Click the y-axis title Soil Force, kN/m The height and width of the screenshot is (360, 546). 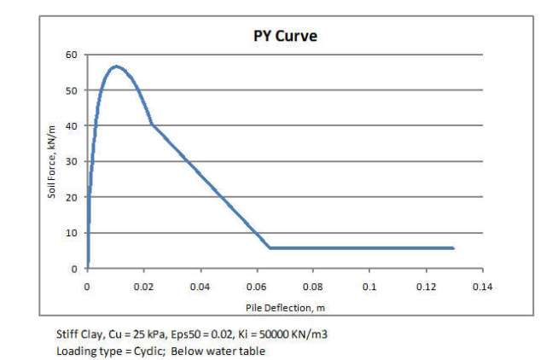pyautogui.click(x=52, y=161)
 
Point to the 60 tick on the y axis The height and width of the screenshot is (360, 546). pyautogui.click(x=72, y=55)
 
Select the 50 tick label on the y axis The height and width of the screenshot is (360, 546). pyautogui.click(x=72, y=90)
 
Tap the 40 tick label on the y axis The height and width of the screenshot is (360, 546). pyautogui.click(x=72, y=126)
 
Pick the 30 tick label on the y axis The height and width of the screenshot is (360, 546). pyautogui.click(x=72, y=162)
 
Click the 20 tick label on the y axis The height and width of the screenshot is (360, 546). pyautogui.click(x=72, y=197)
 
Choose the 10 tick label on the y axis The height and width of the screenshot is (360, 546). pyautogui.click(x=72, y=233)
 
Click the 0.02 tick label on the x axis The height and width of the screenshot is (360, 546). pyautogui.click(x=144, y=287)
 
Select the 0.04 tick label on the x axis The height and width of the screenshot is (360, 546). pyautogui.click(x=200, y=287)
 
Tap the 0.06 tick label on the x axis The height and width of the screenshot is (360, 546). pyautogui.click(x=257, y=287)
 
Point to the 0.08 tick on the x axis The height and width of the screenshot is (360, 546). pyautogui.click(x=313, y=287)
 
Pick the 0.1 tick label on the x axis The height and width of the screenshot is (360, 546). pyautogui.click(x=369, y=287)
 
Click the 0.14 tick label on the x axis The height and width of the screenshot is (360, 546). pyautogui.click(x=482, y=287)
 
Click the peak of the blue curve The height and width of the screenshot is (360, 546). pyautogui.click(x=116, y=66)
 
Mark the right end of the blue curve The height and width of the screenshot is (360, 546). pyautogui.click(x=453, y=248)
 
